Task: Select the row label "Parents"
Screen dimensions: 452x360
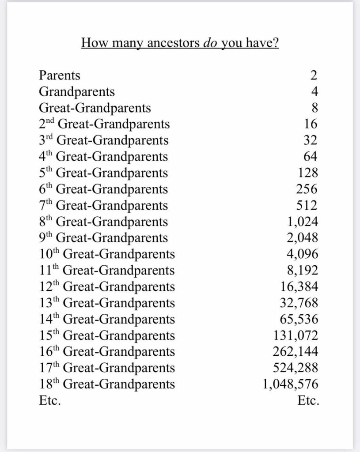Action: (x=60, y=75)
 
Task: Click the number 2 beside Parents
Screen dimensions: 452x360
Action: (x=314, y=75)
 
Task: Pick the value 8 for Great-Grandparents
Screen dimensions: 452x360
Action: (x=314, y=108)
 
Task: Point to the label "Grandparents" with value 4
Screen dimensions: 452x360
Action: (x=77, y=92)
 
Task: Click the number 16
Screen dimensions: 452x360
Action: (x=310, y=124)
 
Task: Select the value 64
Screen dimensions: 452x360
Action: (x=310, y=157)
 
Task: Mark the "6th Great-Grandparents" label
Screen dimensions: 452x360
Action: (x=103, y=189)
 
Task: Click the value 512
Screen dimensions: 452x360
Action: (x=307, y=206)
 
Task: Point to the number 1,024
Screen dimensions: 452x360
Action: (x=303, y=222)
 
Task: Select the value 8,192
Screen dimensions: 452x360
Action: (x=303, y=271)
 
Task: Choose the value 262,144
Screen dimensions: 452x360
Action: (x=296, y=352)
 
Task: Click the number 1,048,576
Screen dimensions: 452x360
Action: (x=290, y=384)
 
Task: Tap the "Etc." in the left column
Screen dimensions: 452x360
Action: (x=50, y=401)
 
